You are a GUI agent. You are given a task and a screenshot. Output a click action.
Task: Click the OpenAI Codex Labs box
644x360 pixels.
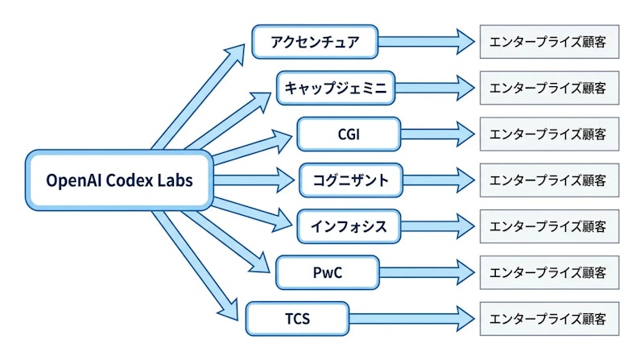click(120, 180)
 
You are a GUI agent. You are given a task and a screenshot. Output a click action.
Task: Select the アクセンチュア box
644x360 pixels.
click(315, 41)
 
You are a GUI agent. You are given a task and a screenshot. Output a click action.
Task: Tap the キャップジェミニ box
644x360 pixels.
click(337, 87)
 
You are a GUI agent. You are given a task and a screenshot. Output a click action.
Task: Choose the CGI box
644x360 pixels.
click(349, 134)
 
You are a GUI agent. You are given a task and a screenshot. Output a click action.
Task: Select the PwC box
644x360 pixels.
click(327, 273)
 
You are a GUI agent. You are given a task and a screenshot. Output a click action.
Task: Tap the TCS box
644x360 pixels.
click(297, 319)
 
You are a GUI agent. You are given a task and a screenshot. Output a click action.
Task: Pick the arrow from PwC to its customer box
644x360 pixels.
click(427, 273)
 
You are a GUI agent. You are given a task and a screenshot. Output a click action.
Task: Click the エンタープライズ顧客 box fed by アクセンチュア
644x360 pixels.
click(549, 41)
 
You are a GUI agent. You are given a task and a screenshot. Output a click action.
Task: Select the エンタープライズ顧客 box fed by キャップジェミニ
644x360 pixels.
click(549, 87)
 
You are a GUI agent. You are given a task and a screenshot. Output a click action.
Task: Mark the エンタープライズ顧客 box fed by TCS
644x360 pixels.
click(549, 319)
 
